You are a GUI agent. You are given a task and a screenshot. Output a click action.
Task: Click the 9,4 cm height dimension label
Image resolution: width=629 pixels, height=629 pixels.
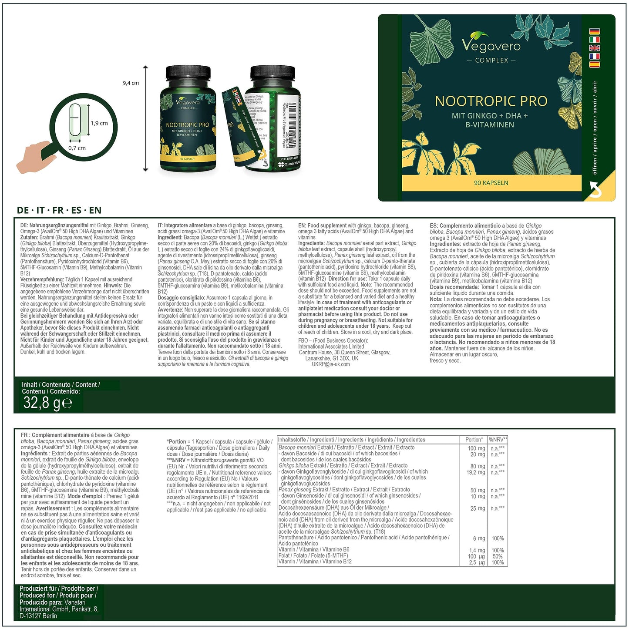[x=131, y=83]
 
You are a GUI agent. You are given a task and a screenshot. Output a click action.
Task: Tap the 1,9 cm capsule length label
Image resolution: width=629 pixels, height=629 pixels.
[x=99, y=123]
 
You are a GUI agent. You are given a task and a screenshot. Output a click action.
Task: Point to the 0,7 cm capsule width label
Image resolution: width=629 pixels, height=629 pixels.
[x=77, y=148]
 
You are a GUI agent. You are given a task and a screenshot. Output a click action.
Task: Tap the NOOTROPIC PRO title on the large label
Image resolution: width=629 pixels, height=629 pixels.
[x=491, y=101]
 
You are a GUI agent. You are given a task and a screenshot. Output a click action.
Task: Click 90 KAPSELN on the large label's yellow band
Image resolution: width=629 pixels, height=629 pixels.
[x=491, y=183]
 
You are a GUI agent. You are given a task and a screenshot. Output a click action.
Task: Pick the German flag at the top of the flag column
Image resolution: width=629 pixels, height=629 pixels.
[x=594, y=31]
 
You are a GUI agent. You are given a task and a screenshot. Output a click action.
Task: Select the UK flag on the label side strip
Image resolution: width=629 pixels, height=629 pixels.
[x=594, y=48]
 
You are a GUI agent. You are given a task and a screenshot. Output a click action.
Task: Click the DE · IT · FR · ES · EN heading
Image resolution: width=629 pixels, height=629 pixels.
[x=59, y=210]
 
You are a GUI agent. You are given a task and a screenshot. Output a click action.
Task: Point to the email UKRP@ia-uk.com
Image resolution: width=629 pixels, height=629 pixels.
[x=330, y=364]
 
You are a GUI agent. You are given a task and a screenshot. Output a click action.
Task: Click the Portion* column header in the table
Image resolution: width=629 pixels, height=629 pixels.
[x=474, y=440]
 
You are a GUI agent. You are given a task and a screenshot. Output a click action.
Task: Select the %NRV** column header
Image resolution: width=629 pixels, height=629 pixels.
[x=498, y=440]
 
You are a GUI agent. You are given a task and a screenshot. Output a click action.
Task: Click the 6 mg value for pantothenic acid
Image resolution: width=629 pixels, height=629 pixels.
[x=479, y=538]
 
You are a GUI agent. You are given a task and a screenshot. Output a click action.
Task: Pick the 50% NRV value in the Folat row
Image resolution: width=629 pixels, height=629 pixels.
[x=497, y=556]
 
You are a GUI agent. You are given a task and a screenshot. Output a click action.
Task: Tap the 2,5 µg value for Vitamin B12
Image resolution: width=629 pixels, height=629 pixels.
[x=477, y=562]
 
